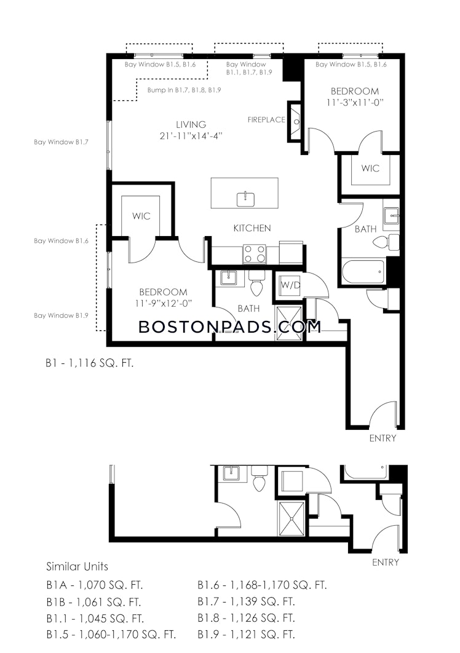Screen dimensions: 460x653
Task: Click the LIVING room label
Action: pyautogui.click(x=191, y=124)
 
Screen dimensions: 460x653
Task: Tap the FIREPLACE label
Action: pyautogui.click(x=266, y=119)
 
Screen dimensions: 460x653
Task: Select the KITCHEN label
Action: pyautogui.click(x=252, y=228)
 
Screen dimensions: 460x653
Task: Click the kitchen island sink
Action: pyautogui.click(x=246, y=199)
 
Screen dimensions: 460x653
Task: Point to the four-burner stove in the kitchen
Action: pyautogui.click(x=255, y=253)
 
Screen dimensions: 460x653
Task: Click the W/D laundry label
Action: pyautogui.click(x=290, y=285)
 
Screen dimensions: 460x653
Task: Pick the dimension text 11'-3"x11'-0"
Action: pyautogui.click(x=355, y=102)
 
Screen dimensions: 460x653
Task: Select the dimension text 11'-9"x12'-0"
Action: pyautogui.click(x=163, y=303)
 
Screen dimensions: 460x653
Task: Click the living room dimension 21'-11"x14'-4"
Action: pyautogui.click(x=191, y=135)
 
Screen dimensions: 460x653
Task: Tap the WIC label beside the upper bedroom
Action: pyautogui.click(x=370, y=168)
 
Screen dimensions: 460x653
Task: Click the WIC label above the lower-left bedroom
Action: pyautogui.click(x=141, y=216)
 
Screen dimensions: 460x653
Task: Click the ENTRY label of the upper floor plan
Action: pyautogui.click(x=383, y=438)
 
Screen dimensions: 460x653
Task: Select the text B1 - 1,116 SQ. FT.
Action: pyautogui.click(x=90, y=363)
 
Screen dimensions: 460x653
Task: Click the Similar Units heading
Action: pyautogui.click(x=77, y=566)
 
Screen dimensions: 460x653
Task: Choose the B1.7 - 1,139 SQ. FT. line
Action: pyautogui.click(x=246, y=601)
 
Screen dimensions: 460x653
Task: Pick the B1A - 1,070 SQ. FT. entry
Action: pyautogui.click(x=95, y=585)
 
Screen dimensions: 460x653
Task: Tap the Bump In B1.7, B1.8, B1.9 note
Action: pyautogui.click(x=184, y=90)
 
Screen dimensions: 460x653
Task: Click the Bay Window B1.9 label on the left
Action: pyautogui.click(x=61, y=315)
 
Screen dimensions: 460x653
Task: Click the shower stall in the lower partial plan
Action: pyautogui.click(x=291, y=519)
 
